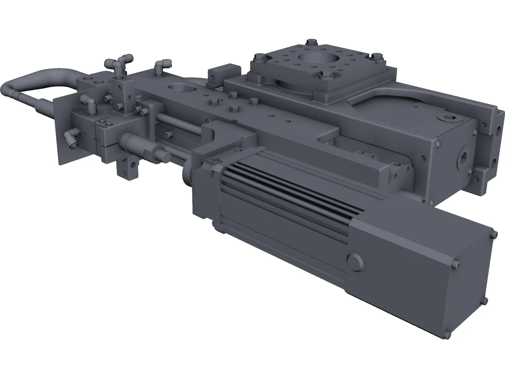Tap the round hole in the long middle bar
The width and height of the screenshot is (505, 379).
tap(179, 89)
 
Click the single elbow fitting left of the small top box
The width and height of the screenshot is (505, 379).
tap(158, 66)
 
